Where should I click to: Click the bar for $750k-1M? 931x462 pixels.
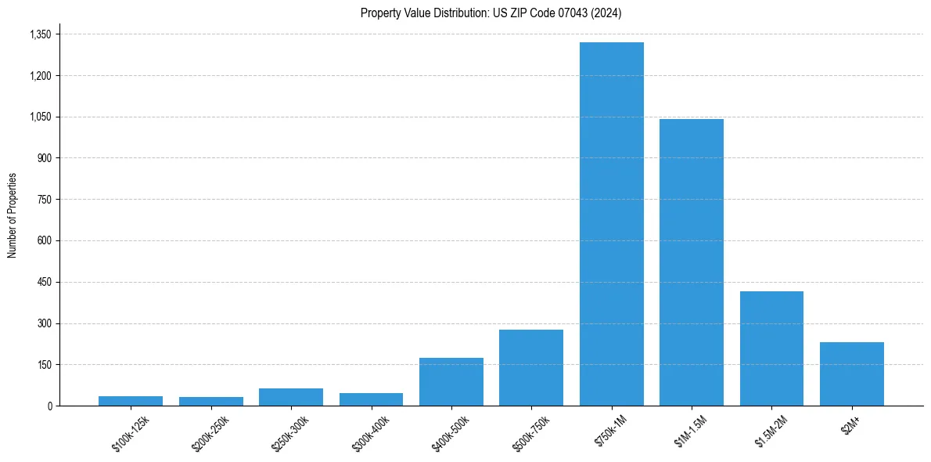pos(611,224)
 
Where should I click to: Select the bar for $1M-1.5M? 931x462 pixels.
pos(691,262)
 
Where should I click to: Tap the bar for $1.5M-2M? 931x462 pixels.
pos(771,348)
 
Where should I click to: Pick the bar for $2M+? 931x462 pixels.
pos(851,374)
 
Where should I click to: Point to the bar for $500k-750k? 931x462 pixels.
pos(530,367)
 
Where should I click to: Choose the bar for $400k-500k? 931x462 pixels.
pos(451,381)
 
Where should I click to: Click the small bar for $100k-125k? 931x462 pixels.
pos(131,401)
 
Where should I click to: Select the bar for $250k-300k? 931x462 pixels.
pos(290,397)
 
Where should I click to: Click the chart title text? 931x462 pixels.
pos(491,13)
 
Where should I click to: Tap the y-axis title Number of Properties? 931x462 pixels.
pos(13,215)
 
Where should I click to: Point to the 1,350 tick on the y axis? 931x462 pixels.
pos(40,34)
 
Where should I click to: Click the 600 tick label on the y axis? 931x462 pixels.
pos(45,241)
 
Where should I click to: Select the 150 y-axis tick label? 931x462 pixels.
pos(45,365)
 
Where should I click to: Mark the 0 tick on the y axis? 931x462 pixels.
pos(49,406)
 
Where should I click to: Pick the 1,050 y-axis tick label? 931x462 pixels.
pos(40,117)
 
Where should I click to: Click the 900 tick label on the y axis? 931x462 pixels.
pos(45,158)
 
